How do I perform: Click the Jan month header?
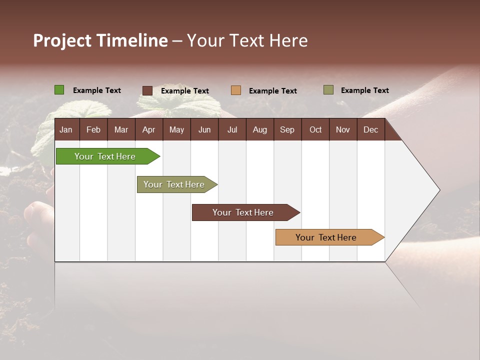(66, 129)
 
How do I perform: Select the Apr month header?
(148, 129)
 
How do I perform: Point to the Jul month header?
(232, 129)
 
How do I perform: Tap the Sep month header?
(287, 129)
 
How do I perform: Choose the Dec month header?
(370, 129)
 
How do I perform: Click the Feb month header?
(93, 129)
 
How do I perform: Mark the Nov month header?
(342, 129)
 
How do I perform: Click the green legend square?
(59, 90)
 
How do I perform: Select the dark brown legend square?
(147, 90)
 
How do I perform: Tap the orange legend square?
(236, 90)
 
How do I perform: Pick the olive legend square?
(328, 90)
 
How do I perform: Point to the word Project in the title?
(62, 40)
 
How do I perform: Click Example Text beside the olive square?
(364, 90)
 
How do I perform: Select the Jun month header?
(204, 129)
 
